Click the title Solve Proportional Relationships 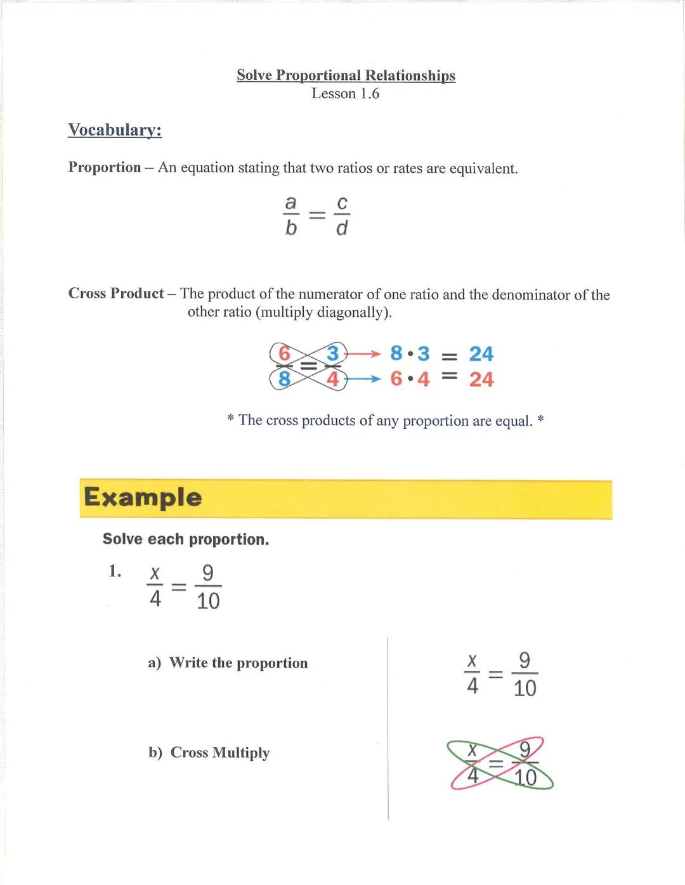pos(346,75)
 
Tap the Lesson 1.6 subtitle pos(345,94)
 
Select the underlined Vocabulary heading pos(115,130)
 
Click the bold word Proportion pos(105,167)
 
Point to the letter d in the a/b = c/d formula pos(342,227)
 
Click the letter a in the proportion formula pos(290,203)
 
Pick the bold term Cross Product pos(116,293)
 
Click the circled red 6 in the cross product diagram pos(284,353)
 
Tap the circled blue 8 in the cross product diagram pos(284,379)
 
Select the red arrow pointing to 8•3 pos(363,353)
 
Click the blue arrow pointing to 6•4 pos(363,379)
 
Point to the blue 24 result pos(481,353)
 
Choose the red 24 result pos(481,379)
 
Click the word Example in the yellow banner pos(143,497)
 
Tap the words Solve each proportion pos(186,539)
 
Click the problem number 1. pos(115,571)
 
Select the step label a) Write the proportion pos(228,663)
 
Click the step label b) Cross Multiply pos(209,753)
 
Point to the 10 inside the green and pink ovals pos(525,777)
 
